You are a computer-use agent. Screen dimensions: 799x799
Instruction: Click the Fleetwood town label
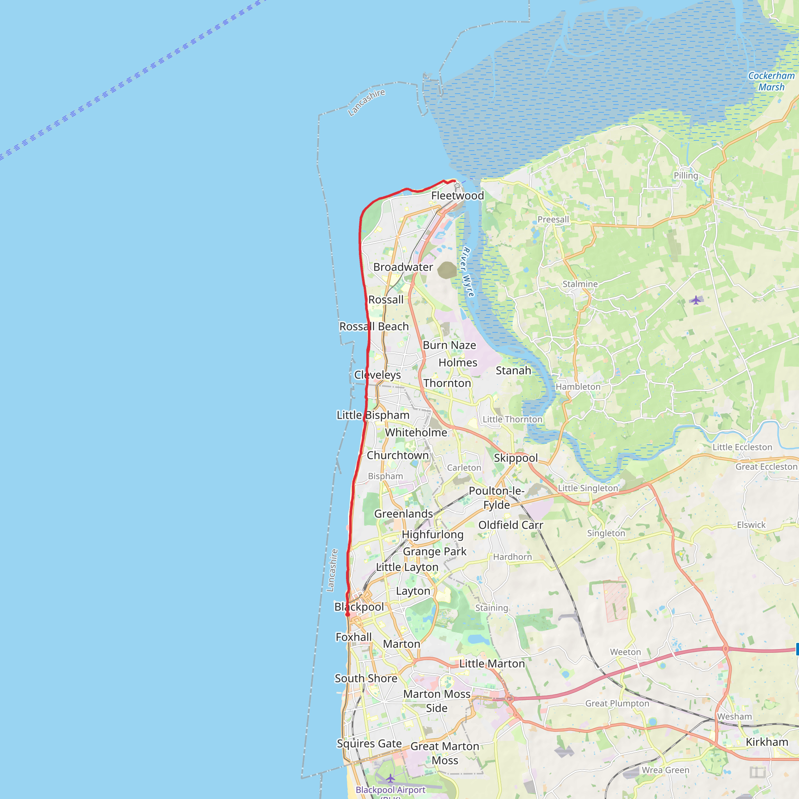point(457,195)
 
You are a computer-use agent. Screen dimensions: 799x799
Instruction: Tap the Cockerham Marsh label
point(771,82)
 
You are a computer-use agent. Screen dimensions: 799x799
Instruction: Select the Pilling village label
point(686,175)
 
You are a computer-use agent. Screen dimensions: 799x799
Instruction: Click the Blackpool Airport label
point(391,790)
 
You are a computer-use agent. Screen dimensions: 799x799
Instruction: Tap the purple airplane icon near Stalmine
point(696,300)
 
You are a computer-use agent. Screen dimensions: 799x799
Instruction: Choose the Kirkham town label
point(767,742)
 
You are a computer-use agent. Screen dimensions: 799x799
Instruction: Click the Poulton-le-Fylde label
point(496,497)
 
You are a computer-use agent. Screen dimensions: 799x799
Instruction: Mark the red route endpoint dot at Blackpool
point(348,614)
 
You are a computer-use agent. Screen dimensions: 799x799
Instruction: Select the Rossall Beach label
point(374,326)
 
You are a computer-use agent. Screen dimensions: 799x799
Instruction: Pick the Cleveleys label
point(378,375)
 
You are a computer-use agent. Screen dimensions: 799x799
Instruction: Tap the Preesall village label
point(553,219)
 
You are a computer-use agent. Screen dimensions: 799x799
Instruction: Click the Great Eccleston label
point(766,467)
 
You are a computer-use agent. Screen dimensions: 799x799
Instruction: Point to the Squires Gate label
point(369,744)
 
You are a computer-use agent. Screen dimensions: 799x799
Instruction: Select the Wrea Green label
point(666,770)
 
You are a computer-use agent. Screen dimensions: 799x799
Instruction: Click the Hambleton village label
point(578,387)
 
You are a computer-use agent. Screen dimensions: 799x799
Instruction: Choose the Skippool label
point(516,458)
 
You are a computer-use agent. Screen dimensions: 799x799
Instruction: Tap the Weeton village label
point(625,652)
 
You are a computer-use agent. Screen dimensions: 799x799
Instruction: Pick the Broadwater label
point(403,267)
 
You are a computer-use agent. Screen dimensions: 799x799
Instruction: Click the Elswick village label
point(751,525)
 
